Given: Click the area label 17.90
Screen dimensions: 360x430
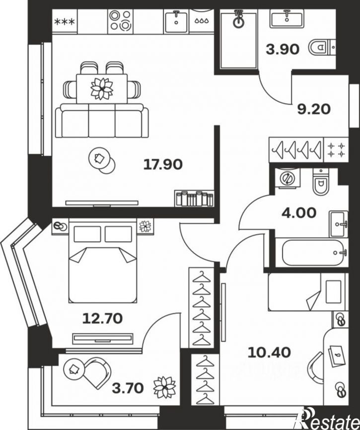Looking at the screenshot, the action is (x=163, y=164).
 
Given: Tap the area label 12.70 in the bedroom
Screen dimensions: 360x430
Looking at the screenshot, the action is (x=103, y=318).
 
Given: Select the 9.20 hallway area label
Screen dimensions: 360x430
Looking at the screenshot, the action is (x=314, y=109).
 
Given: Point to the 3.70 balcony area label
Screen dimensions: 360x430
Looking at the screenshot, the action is (x=128, y=388).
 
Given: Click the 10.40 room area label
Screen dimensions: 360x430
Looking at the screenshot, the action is (x=269, y=353).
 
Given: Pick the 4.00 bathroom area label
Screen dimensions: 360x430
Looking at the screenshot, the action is (x=299, y=213).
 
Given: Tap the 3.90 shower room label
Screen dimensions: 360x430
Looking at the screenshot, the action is (x=283, y=50).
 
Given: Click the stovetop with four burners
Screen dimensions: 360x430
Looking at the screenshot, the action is (x=120, y=20).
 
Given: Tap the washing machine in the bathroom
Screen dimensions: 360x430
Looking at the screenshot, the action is (x=286, y=178).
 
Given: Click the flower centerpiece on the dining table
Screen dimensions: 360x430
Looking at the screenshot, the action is (x=102, y=88).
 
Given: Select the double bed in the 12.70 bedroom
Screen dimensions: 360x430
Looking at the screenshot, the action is (x=103, y=261).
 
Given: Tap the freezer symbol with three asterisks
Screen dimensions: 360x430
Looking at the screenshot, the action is (x=65, y=22).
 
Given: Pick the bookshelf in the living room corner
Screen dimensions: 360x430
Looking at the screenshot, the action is (x=194, y=198).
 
